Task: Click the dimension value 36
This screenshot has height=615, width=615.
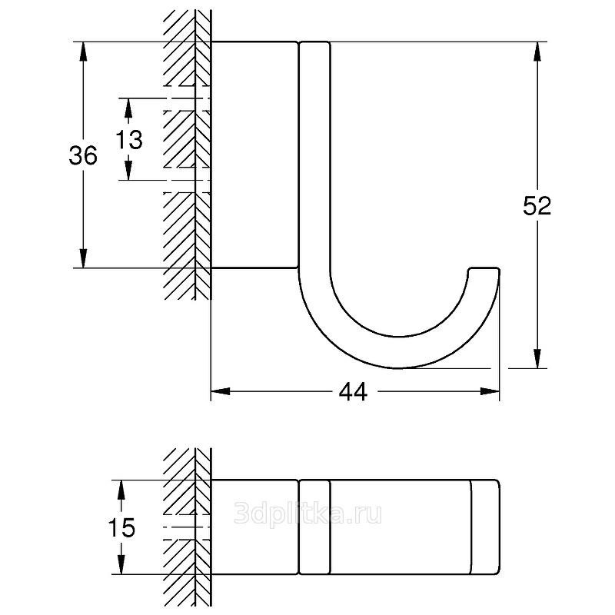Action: point(83,155)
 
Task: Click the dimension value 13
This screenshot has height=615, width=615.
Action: point(129,139)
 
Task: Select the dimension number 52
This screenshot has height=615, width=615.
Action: point(537,205)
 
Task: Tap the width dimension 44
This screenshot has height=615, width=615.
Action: point(353,391)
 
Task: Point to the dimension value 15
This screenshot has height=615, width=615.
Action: point(121,527)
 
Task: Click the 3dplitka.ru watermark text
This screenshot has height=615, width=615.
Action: point(308,513)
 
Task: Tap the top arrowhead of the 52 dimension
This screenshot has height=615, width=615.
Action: point(537,51)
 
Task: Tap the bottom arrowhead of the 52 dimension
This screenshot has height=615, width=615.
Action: point(537,358)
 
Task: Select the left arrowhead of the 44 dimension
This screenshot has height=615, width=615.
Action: point(221,391)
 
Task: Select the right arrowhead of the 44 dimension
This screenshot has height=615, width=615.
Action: point(490,391)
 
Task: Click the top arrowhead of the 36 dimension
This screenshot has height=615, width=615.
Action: point(83,51)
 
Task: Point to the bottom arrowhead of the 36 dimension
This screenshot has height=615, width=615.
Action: point(83,258)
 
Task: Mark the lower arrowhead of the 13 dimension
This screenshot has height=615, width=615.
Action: point(128,171)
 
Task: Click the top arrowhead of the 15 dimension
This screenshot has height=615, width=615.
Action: point(121,490)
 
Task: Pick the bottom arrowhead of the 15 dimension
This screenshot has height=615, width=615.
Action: point(121,565)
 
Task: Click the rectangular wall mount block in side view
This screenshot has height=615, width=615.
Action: point(255,155)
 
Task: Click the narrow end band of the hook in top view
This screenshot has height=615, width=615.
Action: point(485,527)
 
